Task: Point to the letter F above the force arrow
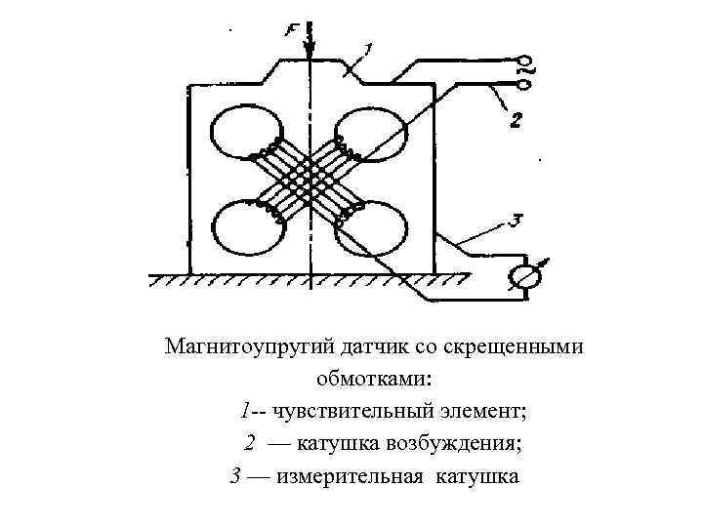coord(292,31)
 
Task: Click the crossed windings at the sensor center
coord(309,179)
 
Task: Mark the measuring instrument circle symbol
coord(524,277)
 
